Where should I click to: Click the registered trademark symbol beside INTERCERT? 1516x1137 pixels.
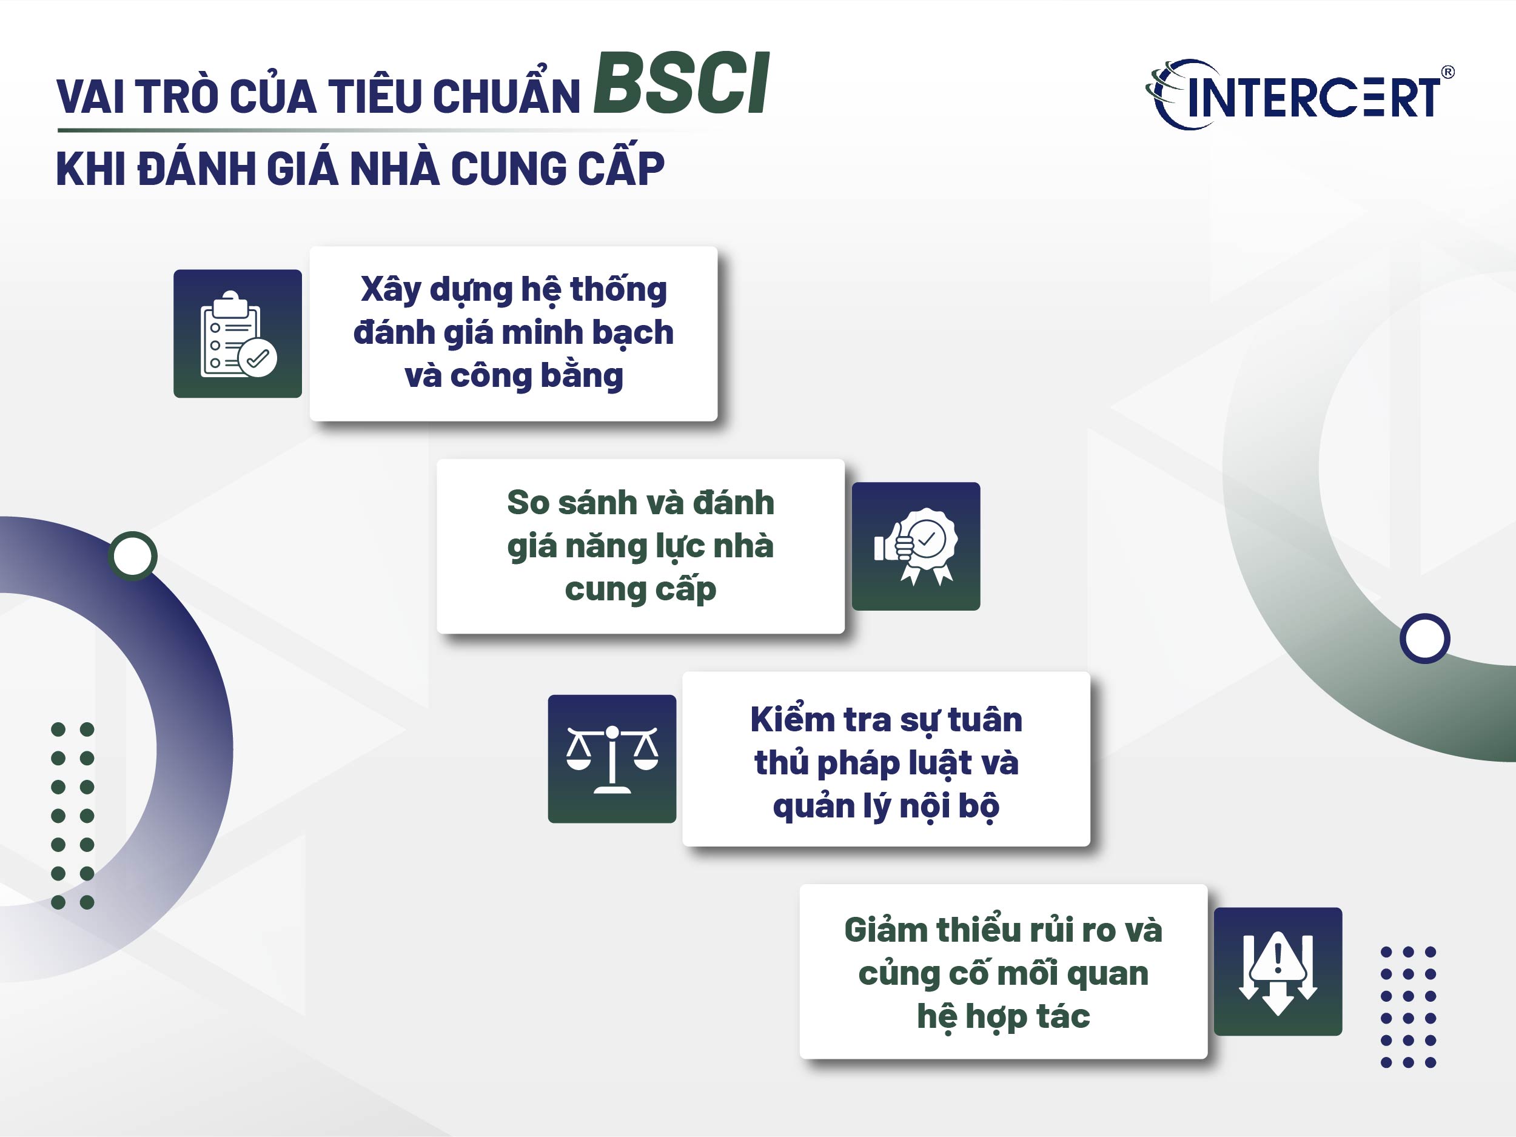pos(1447,72)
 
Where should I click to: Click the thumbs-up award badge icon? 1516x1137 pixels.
pos(916,546)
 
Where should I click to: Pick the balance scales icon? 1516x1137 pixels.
pos(612,759)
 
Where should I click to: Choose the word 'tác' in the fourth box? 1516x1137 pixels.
pos(1062,1016)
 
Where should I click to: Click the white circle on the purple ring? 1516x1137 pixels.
pos(132,556)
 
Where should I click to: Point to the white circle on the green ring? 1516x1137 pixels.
pos(1425,638)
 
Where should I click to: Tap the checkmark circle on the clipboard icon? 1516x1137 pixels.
pos(258,358)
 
